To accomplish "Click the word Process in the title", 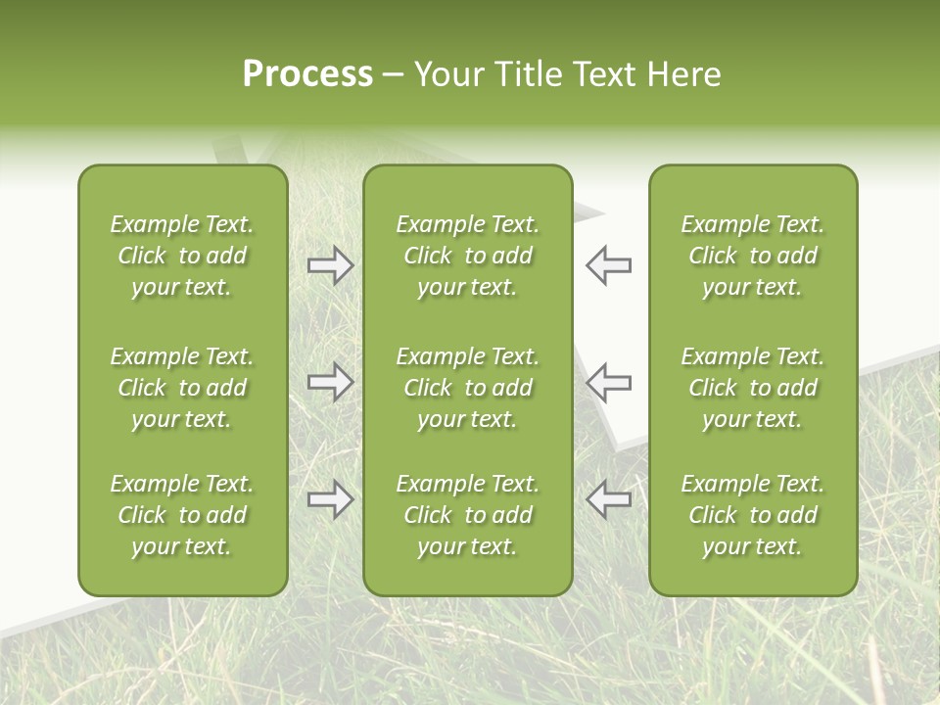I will [307, 74].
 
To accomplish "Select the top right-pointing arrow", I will [330, 265].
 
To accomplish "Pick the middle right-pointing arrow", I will [330, 382].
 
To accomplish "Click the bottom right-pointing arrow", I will [330, 499].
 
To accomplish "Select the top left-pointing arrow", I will [609, 265].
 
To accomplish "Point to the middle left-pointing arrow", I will [609, 382].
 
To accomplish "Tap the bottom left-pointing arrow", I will [609, 499].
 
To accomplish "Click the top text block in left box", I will [182, 256].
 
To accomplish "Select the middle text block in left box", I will [182, 388].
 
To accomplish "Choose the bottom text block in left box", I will [182, 515].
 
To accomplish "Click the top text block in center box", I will [467, 256].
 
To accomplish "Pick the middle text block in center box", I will [467, 388].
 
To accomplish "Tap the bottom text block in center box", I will [467, 515].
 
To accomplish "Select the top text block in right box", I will [752, 256].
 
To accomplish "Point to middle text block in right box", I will [752, 388].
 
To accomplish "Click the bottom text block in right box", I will [752, 515].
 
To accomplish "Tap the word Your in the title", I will [447, 74].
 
